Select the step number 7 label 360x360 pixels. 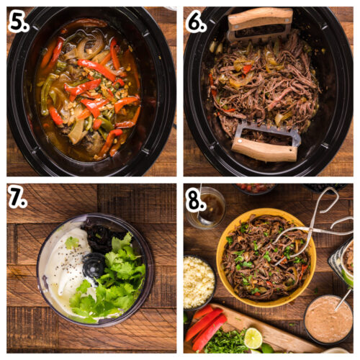[x=17, y=196]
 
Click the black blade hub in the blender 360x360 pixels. [x=94, y=265]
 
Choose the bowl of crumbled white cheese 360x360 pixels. [x=198, y=282]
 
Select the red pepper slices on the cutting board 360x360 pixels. [x=205, y=325]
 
